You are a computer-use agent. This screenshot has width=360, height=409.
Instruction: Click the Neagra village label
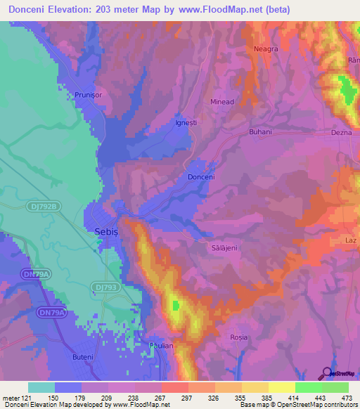coord(266,49)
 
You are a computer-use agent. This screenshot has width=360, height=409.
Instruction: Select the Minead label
coord(222,102)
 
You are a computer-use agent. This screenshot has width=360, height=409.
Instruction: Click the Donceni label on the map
coord(201,178)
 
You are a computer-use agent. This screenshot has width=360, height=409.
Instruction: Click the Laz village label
coord(352,240)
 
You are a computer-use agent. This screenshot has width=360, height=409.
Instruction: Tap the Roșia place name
coord(239,337)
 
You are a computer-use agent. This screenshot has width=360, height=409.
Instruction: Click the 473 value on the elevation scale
coord(346,398)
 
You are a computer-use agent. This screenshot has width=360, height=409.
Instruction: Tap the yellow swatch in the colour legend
coord(281,387)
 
